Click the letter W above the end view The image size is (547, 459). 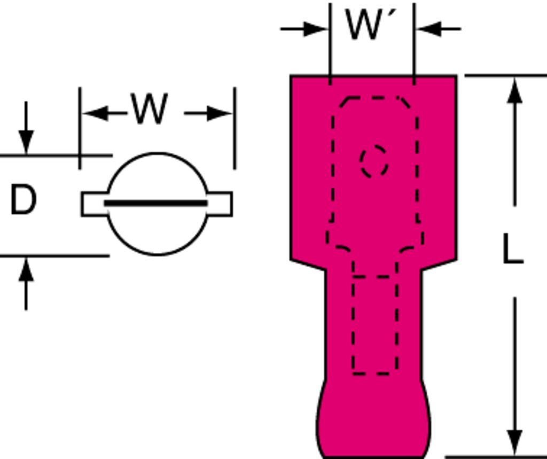coord(150,110)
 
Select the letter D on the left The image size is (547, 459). coord(24,200)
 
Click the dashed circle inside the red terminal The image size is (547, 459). coord(374,161)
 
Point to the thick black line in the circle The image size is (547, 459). coord(155,203)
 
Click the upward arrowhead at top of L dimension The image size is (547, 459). coord(514,91)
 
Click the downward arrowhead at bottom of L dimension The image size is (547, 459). coord(514,442)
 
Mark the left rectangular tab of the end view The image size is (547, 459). coord(94,204)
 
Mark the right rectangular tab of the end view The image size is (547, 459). coord(220,204)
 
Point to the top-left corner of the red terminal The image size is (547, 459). coord(292,76)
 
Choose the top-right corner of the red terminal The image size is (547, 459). coord(456,76)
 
